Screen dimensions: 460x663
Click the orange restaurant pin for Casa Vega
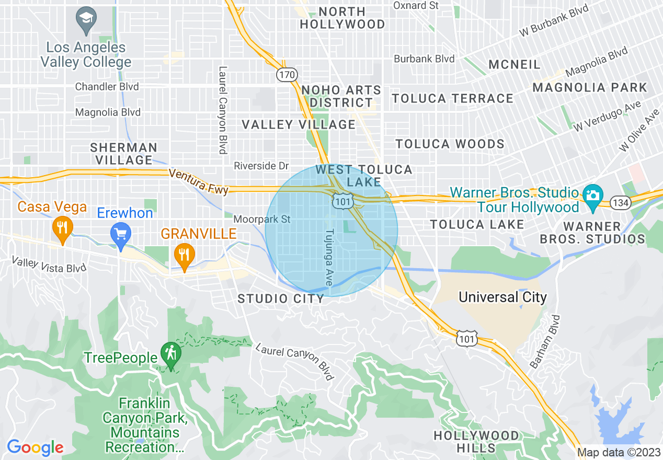coord(62,228)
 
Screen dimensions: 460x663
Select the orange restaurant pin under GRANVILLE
coord(184,255)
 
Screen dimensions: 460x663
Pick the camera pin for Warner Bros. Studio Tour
coord(592,197)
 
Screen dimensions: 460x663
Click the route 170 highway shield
coord(287,75)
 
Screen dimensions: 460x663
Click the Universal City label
coord(502,297)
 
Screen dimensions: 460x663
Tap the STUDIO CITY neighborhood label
coord(281,299)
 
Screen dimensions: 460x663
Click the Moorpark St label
coord(261,219)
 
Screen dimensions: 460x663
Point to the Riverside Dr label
coord(261,166)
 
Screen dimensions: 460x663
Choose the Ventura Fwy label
coord(199,181)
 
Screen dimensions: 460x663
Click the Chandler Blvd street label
coord(107,86)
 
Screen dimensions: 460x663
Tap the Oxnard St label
coord(416,5)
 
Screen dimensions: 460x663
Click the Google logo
coord(35,447)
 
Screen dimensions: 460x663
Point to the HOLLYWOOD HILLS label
coord(476,442)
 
